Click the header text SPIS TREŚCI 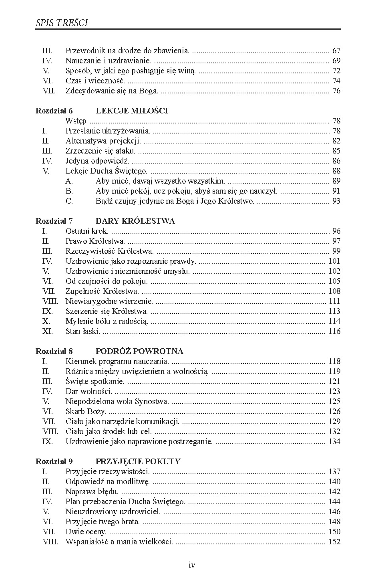coord(62,23)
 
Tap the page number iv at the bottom coord(192,565)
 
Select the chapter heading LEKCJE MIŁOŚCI coord(132,111)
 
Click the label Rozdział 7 coord(54,221)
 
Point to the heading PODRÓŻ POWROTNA coord(139,352)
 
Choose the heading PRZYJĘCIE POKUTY coord(138,462)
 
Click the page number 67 coord(336,51)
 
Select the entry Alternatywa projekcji coord(103,141)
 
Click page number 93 coord(336,201)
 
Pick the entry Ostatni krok coord(87,231)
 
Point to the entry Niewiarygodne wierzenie coord(109,301)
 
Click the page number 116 coord(334,331)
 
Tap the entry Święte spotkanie coord(95,382)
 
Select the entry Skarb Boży coord(86,412)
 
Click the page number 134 coord(334,442)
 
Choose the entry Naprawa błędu coord(92,492)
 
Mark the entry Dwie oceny coord(86,532)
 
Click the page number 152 coord(334,542)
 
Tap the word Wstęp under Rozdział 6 coord(76,121)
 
